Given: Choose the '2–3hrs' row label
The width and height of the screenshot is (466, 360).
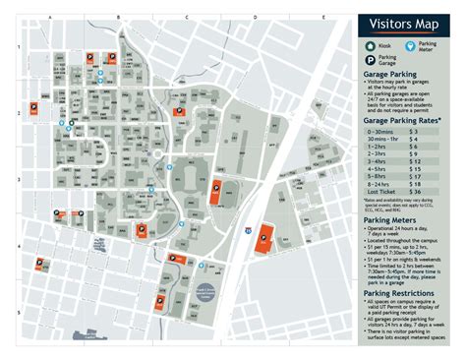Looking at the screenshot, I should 379,153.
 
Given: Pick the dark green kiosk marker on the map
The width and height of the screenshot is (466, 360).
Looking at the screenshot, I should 71,124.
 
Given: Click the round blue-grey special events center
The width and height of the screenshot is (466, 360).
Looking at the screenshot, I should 205,265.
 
